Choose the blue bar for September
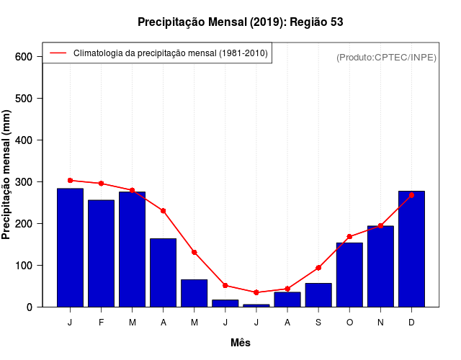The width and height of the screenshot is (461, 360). click(318, 295)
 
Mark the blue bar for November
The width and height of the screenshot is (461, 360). click(380, 266)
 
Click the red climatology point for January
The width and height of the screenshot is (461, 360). click(70, 181)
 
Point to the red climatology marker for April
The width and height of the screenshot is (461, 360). click(164, 211)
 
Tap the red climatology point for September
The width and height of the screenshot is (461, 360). click(318, 268)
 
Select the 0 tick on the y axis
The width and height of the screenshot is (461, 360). click(39, 307)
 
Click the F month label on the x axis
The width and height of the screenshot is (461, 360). click(101, 323)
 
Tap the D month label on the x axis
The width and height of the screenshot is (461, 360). click(411, 323)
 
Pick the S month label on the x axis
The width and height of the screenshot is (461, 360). click(318, 323)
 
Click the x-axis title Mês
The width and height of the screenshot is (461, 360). click(241, 343)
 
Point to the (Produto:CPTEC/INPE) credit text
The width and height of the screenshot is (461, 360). click(387, 57)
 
